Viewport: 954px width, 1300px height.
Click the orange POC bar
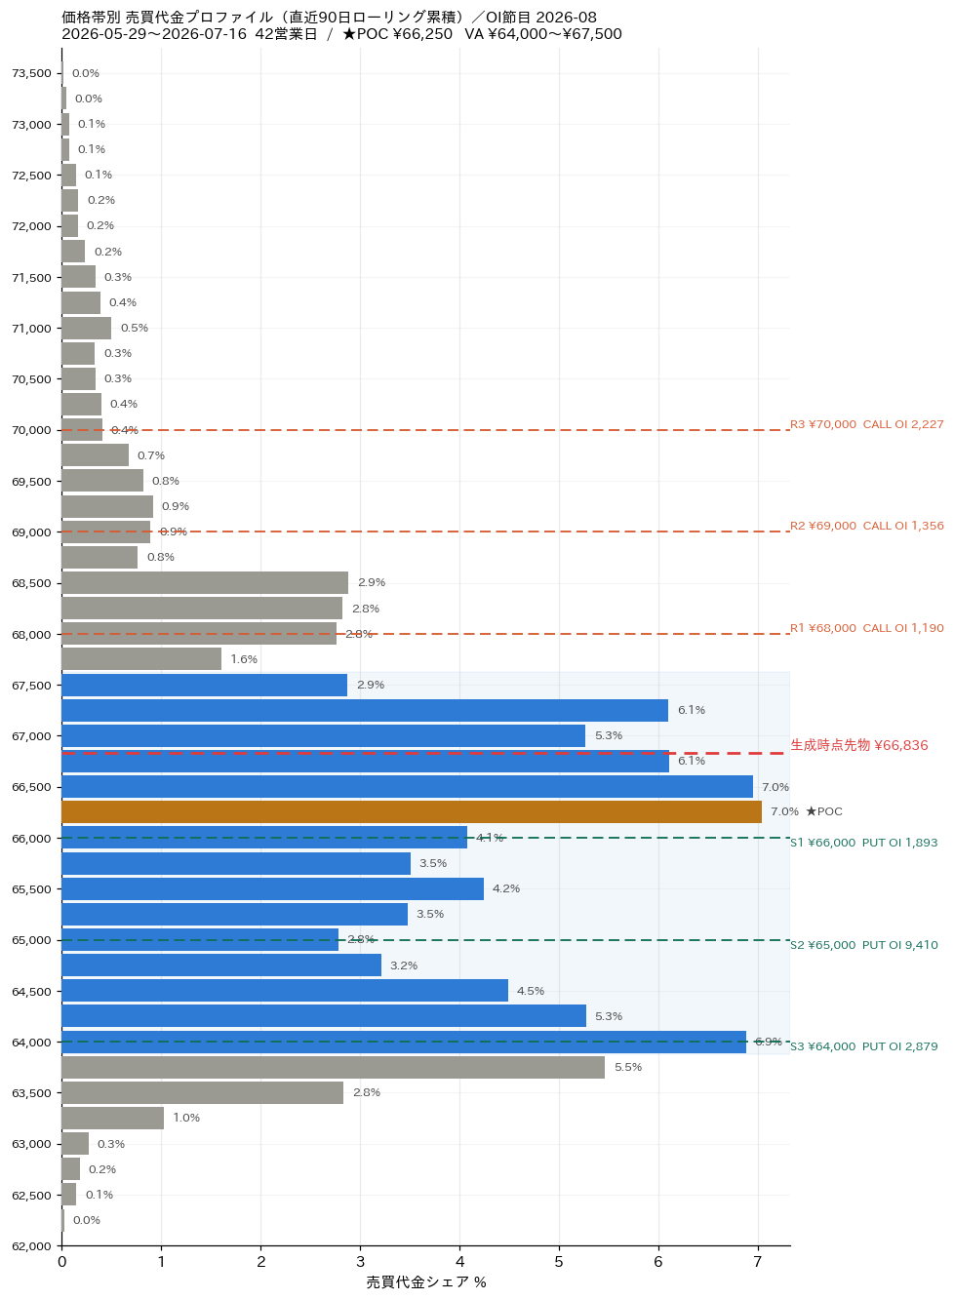tap(411, 811)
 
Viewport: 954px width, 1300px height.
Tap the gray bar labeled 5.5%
tap(333, 1067)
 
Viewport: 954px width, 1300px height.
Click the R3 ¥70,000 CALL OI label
tap(866, 424)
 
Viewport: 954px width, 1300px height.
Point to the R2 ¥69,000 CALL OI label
tap(866, 526)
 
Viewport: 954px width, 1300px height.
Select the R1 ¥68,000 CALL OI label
tap(866, 628)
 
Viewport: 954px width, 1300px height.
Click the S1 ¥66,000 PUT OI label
tap(863, 843)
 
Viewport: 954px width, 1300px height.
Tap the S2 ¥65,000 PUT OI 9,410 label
tap(863, 945)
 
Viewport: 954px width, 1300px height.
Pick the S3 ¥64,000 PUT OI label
tap(863, 1046)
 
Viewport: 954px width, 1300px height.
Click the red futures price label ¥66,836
tap(858, 745)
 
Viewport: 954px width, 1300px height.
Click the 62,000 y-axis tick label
tap(31, 1246)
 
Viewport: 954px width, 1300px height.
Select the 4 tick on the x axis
tap(459, 1262)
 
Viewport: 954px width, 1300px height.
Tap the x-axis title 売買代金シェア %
tap(426, 1282)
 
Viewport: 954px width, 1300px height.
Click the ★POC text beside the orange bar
tap(824, 811)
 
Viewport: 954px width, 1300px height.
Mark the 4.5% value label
tap(530, 991)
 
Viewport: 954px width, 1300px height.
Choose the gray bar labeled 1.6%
tap(141, 658)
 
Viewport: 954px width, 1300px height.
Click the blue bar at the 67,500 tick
tap(205, 685)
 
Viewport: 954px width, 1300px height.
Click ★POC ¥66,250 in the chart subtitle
tap(397, 34)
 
